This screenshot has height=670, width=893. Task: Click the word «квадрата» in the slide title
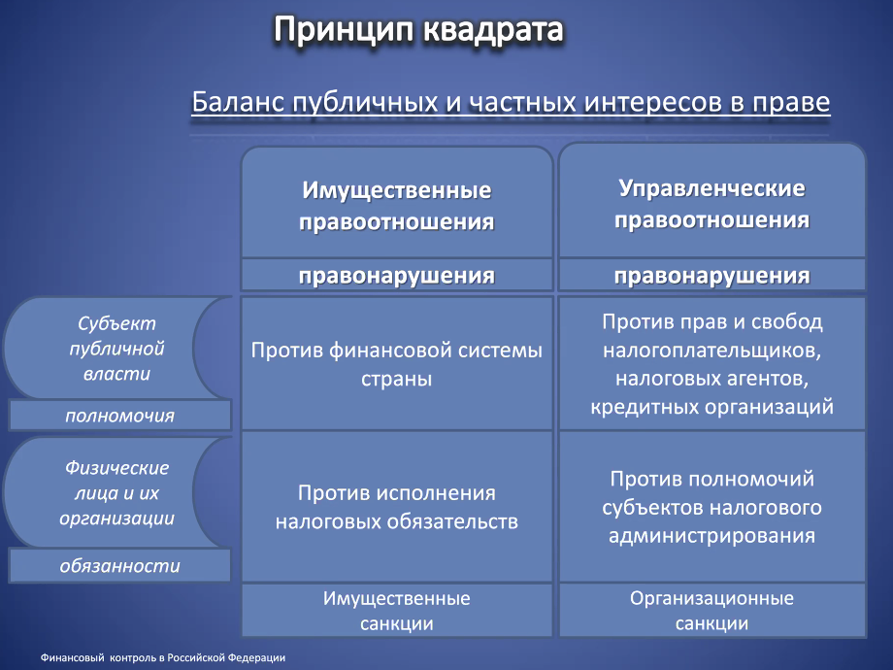[x=493, y=30]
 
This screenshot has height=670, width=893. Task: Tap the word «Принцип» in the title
[x=344, y=31]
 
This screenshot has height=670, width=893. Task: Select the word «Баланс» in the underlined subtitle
[x=238, y=102]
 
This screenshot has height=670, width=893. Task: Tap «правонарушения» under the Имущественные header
[x=397, y=275]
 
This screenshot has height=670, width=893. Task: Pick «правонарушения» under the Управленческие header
[x=711, y=275]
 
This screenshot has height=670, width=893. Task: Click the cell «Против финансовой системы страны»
[x=397, y=363]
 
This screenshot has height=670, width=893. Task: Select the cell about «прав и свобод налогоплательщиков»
[x=711, y=363]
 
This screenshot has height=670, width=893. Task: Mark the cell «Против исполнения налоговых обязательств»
[x=397, y=507]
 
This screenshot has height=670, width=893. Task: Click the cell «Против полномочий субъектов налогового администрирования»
[x=711, y=507]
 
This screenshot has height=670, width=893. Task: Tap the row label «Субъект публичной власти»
[x=116, y=348]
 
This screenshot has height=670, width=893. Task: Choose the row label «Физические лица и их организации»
[x=116, y=493]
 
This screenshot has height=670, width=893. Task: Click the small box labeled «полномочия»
[x=119, y=416]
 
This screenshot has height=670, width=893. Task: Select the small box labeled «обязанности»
[x=119, y=566]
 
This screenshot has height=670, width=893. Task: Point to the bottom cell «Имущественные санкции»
[x=397, y=611]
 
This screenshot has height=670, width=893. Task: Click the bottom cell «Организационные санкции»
[x=711, y=611]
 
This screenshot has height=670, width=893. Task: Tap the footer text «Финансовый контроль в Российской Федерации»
[x=163, y=657]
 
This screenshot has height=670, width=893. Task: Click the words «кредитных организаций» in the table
[x=711, y=407]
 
